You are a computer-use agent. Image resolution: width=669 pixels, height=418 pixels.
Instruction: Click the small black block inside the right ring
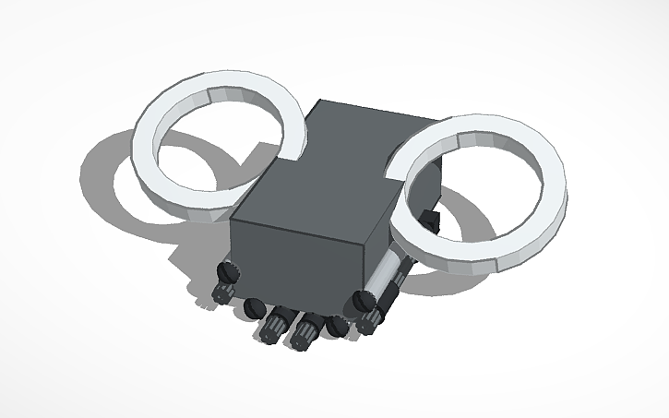(430, 221)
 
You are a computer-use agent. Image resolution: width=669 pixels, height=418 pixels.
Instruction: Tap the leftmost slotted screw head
(228, 271)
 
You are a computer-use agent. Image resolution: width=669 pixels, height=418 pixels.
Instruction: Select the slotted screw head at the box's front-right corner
(364, 300)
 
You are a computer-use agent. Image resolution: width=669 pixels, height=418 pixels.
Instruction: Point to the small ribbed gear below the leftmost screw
(221, 293)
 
